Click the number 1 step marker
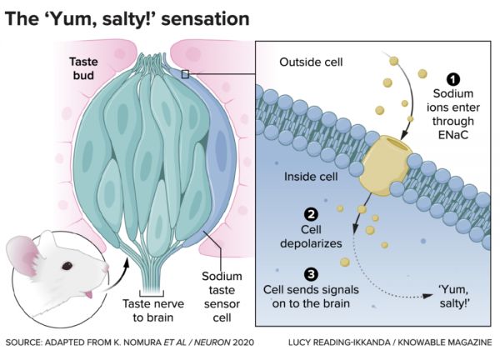click(x=453, y=80)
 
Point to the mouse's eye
click(x=67, y=267)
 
